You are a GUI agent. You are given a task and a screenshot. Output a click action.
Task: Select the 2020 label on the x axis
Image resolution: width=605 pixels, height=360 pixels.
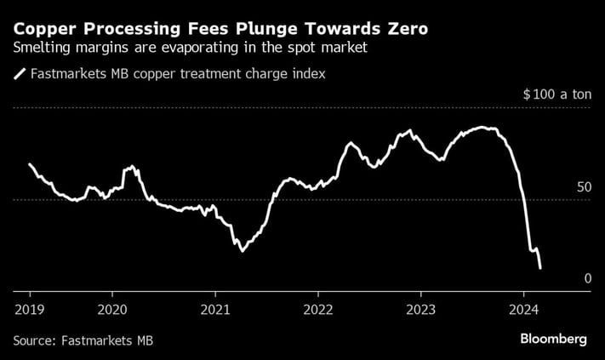pyautogui.click(x=112, y=308)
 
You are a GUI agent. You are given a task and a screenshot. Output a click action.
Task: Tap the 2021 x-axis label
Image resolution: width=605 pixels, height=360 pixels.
pyautogui.click(x=215, y=308)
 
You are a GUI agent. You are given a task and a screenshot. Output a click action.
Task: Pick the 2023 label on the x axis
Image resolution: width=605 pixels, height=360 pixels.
pyautogui.click(x=421, y=308)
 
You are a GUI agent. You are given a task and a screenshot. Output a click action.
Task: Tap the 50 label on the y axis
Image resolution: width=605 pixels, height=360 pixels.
pyautogui.click(x=583, y=186)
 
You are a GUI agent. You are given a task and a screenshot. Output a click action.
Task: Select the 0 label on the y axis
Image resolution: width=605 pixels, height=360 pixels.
pyautogui.click(x=587, y=278)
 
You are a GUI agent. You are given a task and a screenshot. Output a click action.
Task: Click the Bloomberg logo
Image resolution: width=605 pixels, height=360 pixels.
pyautogui.click(x=554, y=339)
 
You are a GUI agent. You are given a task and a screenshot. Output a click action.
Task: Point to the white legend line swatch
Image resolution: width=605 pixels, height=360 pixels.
pyautogui.click(x=20, y=75)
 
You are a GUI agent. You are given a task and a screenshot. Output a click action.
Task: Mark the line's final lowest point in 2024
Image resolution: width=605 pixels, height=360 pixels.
pyautogui.click(x=540, y=268)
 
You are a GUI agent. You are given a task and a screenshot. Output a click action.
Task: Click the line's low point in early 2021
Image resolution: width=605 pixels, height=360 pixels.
pyautogui.click(x=243, y=251)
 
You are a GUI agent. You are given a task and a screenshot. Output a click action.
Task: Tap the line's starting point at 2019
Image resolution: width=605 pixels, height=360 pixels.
pyautogui.click(x=30, y=163)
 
